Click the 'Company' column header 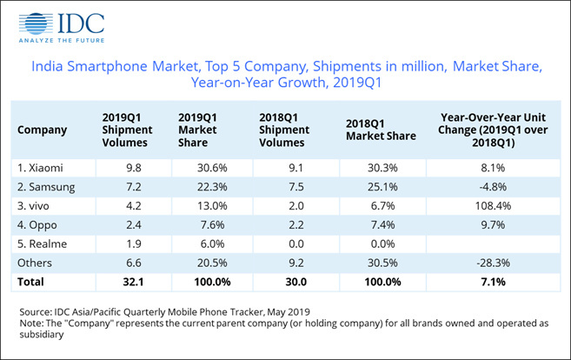(x=42, y=130)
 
